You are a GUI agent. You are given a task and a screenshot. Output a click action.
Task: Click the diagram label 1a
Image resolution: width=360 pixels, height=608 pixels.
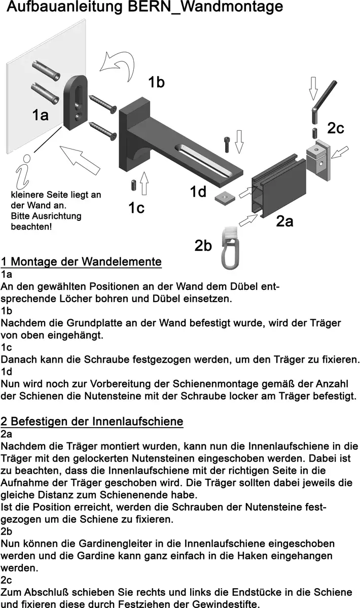coord(41,115)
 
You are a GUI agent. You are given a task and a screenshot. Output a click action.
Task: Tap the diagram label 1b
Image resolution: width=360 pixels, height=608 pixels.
coord(156,83)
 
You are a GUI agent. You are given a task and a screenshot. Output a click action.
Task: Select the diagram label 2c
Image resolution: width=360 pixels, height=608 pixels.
coord(335,129)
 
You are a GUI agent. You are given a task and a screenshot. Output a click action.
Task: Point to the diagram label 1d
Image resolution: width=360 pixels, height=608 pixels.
coord(198,192)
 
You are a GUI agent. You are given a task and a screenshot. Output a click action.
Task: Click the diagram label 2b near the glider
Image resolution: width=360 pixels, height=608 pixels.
coord(203,245)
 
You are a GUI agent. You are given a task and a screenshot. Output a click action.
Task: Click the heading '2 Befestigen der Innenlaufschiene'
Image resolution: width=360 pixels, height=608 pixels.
coord(92,421)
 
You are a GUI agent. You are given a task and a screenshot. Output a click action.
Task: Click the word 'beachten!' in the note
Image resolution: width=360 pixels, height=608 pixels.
coord(31,226)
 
